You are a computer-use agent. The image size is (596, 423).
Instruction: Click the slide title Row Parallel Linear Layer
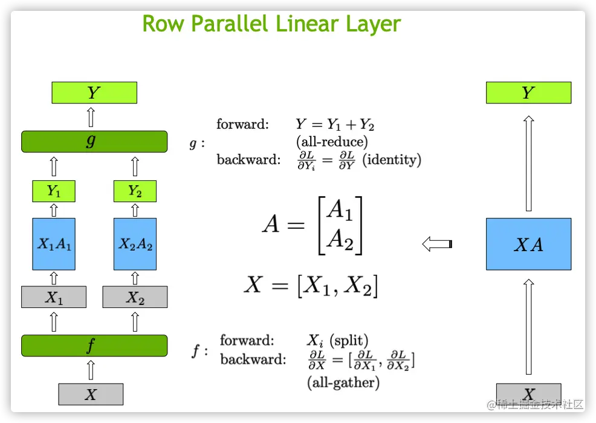click(x=271, y=24)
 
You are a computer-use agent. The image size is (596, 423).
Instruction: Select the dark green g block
click(x=94, y=141)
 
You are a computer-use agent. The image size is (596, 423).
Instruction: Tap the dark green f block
click(x=94, y=346)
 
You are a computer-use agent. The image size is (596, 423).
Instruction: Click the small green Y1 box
click(x=54, y=191)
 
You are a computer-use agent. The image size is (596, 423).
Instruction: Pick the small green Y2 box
click(x=135, y=191)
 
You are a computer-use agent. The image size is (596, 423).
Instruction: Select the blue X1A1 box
click(x=54, y=244)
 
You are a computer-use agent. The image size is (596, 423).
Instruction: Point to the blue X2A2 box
click(x=135, y=244)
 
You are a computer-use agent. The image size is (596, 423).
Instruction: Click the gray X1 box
click(x=54, y=297)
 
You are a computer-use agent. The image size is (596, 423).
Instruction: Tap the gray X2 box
click(x=135, y=297)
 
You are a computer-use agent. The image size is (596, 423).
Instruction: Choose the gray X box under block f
click(x=91, y=394)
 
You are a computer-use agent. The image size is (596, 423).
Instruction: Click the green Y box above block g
click(x=94, y=93)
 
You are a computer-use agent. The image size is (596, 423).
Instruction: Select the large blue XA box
click(x=528, y=244)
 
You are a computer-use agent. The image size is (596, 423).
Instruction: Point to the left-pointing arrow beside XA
click(x=437, y=244)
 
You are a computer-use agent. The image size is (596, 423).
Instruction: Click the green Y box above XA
click(x=528, y=93)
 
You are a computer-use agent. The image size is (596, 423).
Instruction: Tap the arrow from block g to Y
click(x=91, y=117)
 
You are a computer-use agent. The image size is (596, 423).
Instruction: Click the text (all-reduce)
click(x=332, y=142)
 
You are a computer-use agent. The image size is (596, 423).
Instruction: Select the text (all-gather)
click(x=343, y=382)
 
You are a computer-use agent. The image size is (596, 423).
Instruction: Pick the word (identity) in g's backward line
click(x=392, y=160)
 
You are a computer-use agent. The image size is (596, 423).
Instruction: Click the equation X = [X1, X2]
click(x=311, y=285)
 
